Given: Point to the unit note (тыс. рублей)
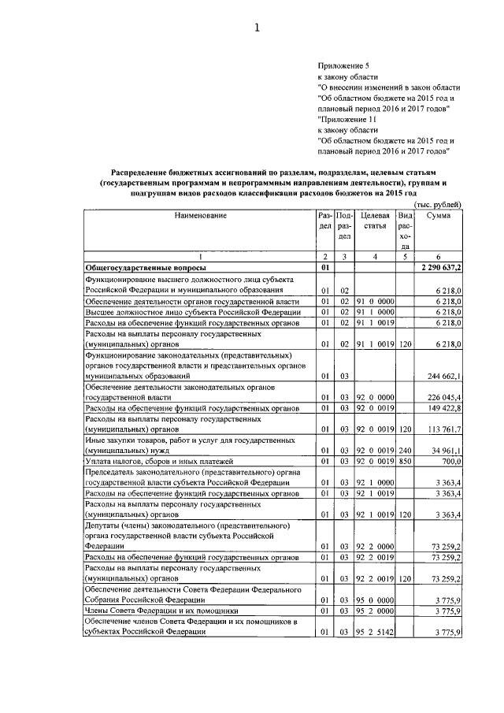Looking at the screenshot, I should [x=438, y=205].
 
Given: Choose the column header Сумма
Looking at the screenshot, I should [x=439, y=215].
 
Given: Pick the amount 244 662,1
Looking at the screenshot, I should [x=443, y=377].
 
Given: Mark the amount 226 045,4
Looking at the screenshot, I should [x=443, y=399].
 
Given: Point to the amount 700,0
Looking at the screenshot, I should [x=450, y=460].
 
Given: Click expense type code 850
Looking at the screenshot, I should [x=406, y=460].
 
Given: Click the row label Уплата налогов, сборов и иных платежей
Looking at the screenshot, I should [x=161, y=460].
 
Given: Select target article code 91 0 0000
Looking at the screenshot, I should [x=373, y=302].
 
